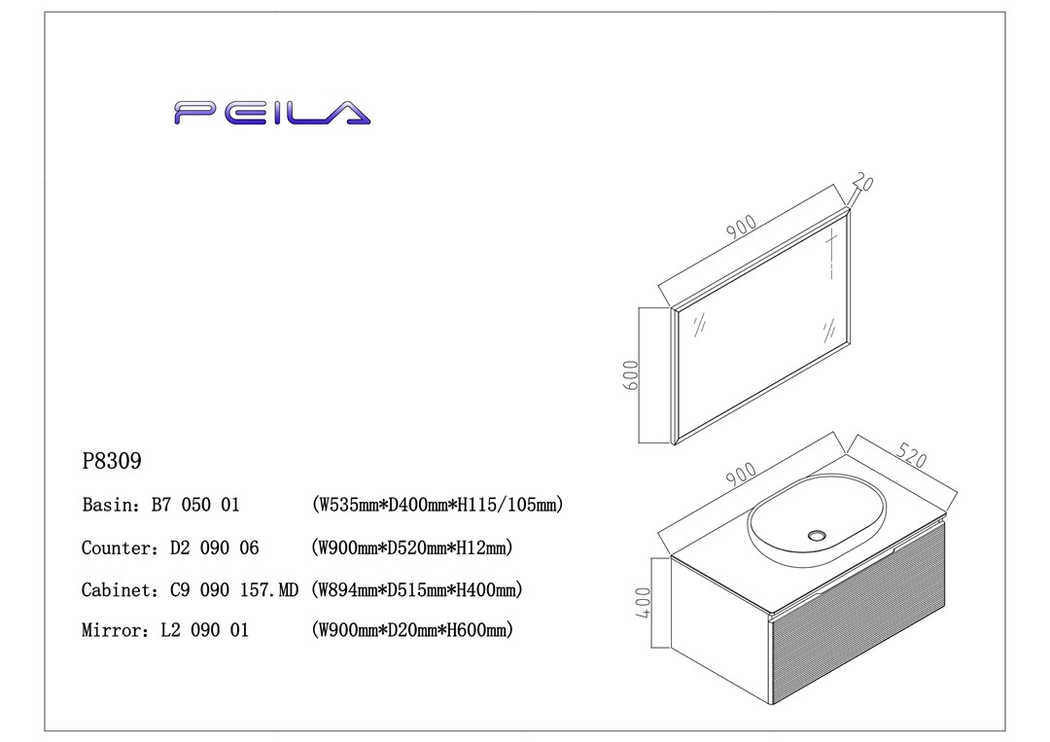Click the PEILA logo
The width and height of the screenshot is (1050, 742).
click(272, 113)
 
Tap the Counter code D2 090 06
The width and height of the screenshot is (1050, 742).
click(215, 548)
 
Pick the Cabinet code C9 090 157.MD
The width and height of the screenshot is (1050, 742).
click(234, 590)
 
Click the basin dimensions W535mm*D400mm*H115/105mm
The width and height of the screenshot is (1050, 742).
click(437, 506)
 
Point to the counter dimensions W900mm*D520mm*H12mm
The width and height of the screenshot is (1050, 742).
click(411, 548)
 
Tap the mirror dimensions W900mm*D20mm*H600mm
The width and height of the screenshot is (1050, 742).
click(412, 631)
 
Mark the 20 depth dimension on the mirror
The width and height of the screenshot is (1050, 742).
click(861, 183)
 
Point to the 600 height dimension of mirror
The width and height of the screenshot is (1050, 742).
click(629, 375)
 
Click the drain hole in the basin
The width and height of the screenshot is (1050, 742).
click(816, 534)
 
